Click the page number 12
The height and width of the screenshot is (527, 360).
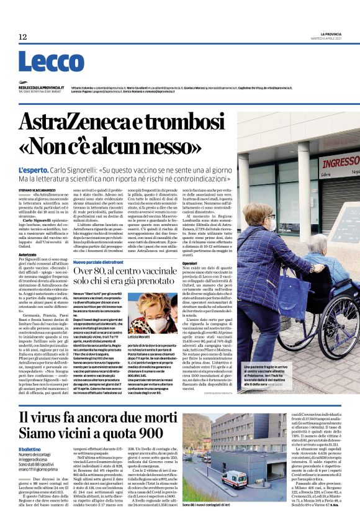[x=23, y=38]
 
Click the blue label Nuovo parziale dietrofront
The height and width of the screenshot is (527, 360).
[x=101, y=263]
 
